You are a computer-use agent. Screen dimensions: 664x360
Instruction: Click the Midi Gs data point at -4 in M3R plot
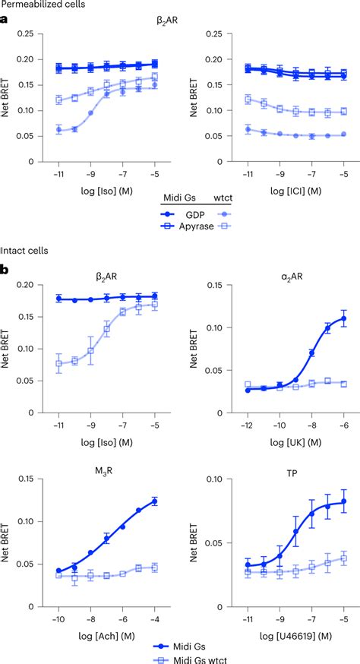point(155,501)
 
